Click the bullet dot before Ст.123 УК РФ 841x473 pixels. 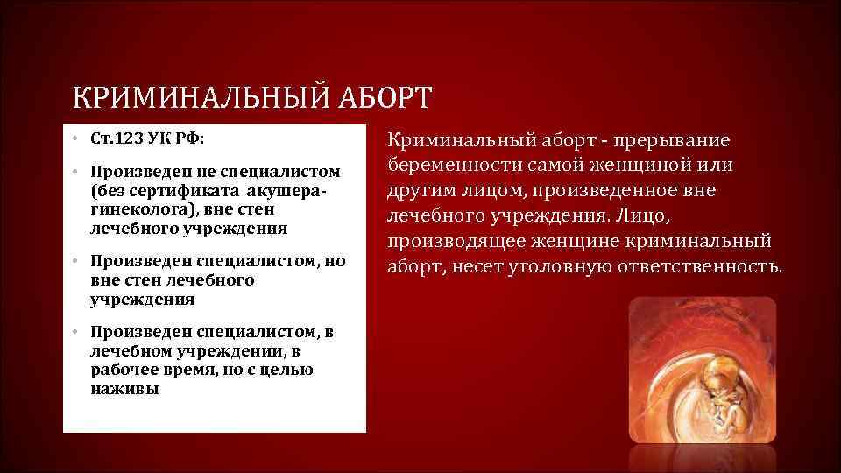[76, 140]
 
